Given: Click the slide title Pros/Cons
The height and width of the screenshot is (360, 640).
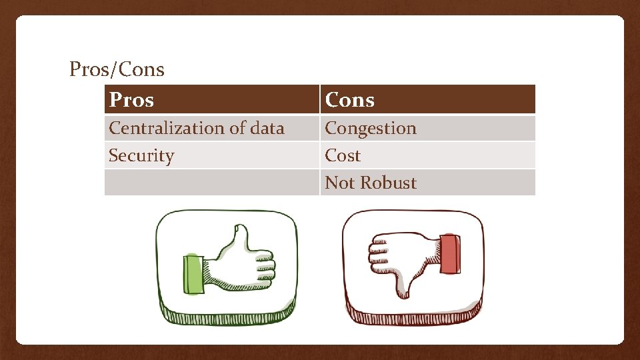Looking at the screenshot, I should point(117,69).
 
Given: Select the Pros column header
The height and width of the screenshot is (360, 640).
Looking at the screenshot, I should point(131,100).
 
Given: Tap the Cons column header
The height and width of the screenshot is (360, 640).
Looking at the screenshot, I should point(349,100).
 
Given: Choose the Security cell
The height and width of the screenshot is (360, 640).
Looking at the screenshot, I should point(141,155).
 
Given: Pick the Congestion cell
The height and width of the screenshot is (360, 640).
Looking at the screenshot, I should point(370,128).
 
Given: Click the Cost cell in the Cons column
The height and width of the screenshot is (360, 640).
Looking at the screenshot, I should point(343,155).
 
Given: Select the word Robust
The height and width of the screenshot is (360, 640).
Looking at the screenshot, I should point(389,183).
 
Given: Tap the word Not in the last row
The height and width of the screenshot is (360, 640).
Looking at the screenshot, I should point(339,183).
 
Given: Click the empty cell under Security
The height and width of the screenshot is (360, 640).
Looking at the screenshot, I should point(211,183).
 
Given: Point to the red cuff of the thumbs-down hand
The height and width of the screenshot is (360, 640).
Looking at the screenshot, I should point(449,253).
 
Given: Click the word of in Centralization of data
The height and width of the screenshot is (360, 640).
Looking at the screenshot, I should point(236,128).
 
